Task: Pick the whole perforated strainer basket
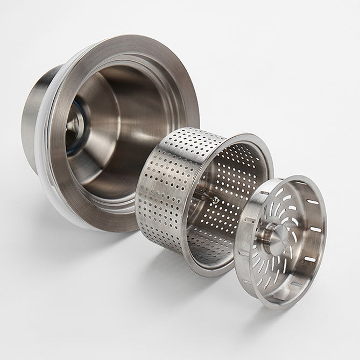point(204,199)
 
